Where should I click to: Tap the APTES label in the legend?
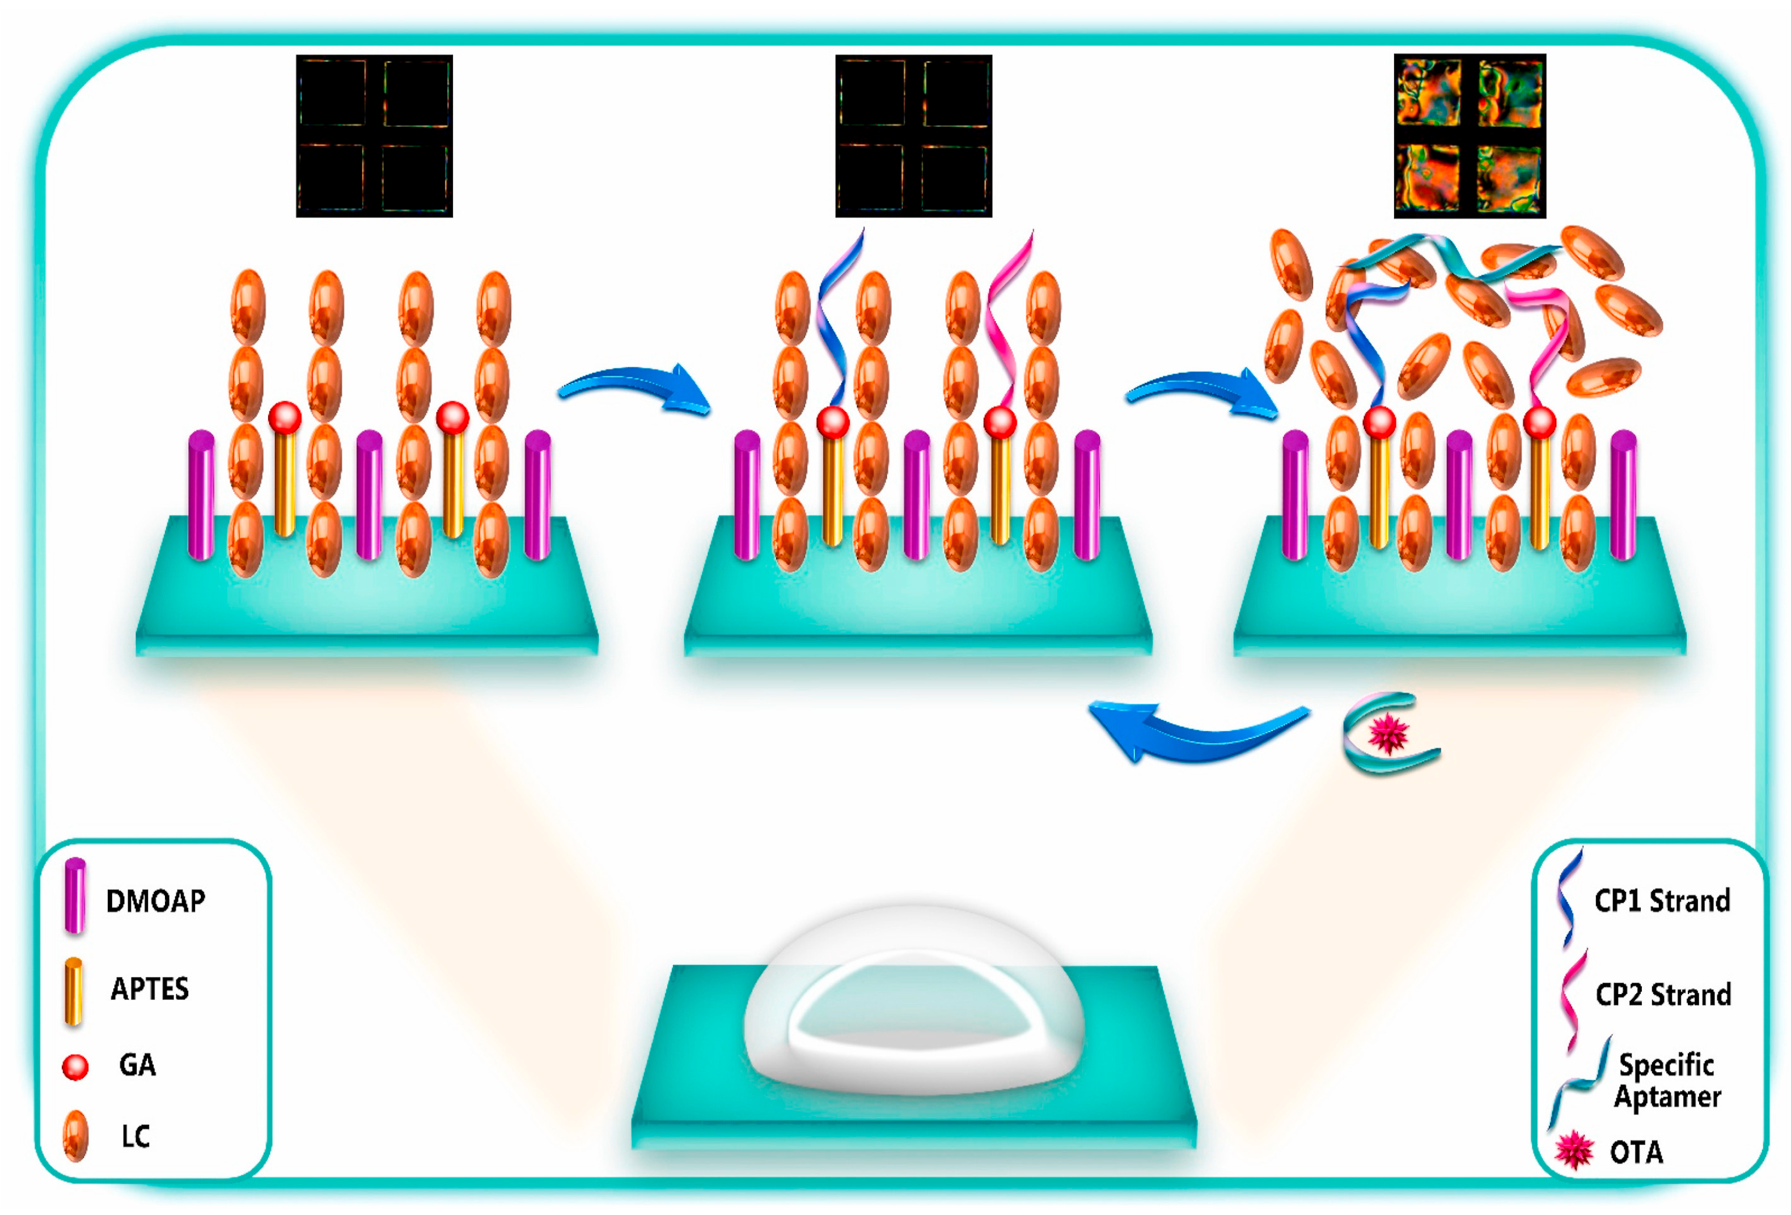point(150,988)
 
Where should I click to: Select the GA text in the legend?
point(137,1065)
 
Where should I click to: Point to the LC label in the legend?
point(136,1136)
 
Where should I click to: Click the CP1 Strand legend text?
point(1662,900)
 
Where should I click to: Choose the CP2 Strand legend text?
point(1662,995)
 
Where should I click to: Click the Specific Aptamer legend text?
point(1666,1080)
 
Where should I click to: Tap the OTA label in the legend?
point(1636,1153)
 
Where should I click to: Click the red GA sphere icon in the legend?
point(75,1067)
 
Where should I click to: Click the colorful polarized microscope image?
point(1469,135)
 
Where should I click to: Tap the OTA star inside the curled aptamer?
point(1388,733)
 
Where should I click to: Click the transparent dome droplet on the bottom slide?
point(913,1001)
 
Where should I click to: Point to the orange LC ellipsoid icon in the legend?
point(75,1136)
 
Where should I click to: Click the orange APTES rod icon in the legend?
point(74,992)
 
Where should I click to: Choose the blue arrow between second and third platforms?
point(1202,393)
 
